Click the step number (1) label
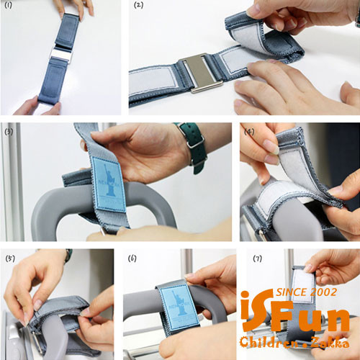click(x=9, y=5)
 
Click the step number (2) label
click(x=138, y=5)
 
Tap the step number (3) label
click(x=9, y=131)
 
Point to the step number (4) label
click(x=249, y=131)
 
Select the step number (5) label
click(x=10, y=258)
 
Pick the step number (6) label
click(x=132, y=258)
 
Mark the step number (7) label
click(x=258, y=258)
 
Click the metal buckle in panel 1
click(x=61, y=55)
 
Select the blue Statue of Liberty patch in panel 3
click(x=109, y=184)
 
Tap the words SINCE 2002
click(x=307, y=292)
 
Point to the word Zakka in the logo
click(x=330, y=342)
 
